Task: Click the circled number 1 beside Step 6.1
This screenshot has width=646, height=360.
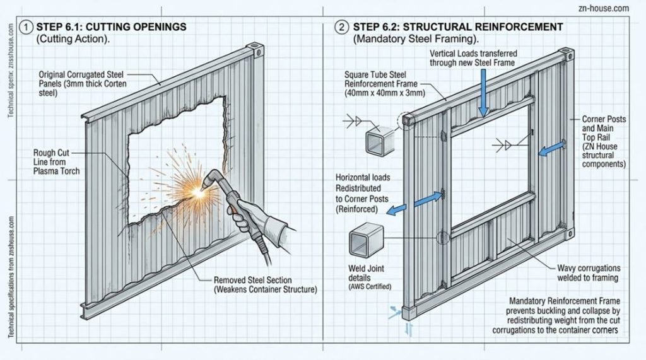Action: pos(25,27)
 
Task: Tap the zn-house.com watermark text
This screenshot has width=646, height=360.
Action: pos(603,8)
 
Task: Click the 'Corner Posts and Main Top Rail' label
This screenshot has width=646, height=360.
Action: pos(603,136)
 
